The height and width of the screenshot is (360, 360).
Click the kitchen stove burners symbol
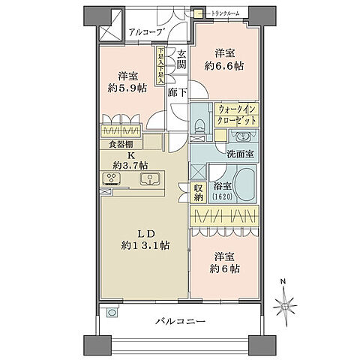[x=112, y=178]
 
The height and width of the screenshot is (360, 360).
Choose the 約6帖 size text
[x=226, y=268]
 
